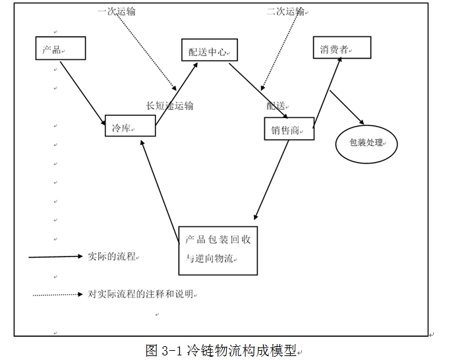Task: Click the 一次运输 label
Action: click(x=117, y=12)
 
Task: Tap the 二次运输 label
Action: click(x=285, y=12)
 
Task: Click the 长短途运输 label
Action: click(x=169, y=105)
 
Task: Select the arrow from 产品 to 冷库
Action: click(x=83, y=93)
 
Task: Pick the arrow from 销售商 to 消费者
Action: click(x=328, y=92)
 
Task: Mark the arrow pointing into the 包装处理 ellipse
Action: click(x=347, y=107)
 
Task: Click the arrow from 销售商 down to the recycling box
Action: click(x=272, y=180)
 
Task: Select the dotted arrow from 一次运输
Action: click(x=146, y=52)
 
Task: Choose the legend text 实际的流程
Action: click(x=112, y=256)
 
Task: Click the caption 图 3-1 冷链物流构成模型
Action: click(x=221, y=351)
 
